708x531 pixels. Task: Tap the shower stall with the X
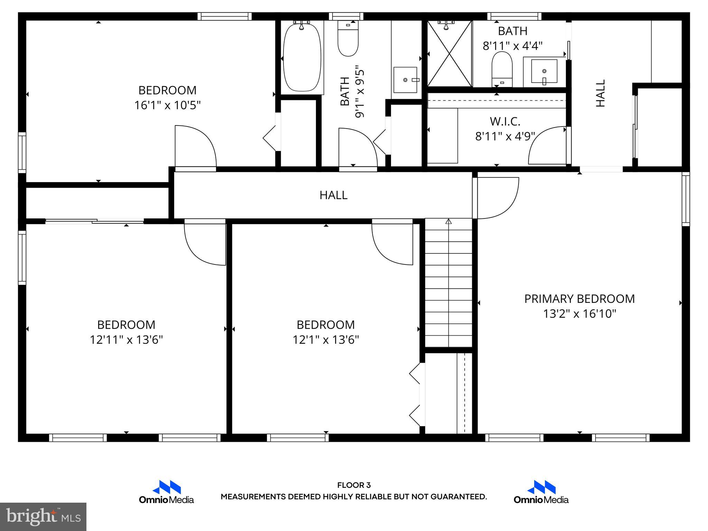point(449,54)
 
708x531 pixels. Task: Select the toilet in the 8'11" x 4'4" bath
point(502,69)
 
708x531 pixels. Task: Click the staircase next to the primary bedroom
point(448,283)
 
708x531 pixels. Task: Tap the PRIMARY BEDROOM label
point(579,299)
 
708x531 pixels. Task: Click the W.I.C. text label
point(505,121)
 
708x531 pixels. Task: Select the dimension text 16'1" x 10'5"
point(167,105)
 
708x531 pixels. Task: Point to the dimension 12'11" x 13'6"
point(126,340)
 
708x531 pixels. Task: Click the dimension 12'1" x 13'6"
point(326,340)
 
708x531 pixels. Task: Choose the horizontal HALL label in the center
point(333,195)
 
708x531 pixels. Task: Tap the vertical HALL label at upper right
point(601,93)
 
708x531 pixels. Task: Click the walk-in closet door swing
point(546,145)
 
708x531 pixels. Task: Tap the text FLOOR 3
point(354,485)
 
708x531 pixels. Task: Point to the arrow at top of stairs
point(448,222)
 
